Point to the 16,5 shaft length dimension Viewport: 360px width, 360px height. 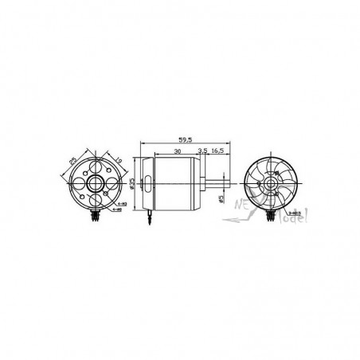(x=217, y=149)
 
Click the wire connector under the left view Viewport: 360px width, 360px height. (x=97, y=213)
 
